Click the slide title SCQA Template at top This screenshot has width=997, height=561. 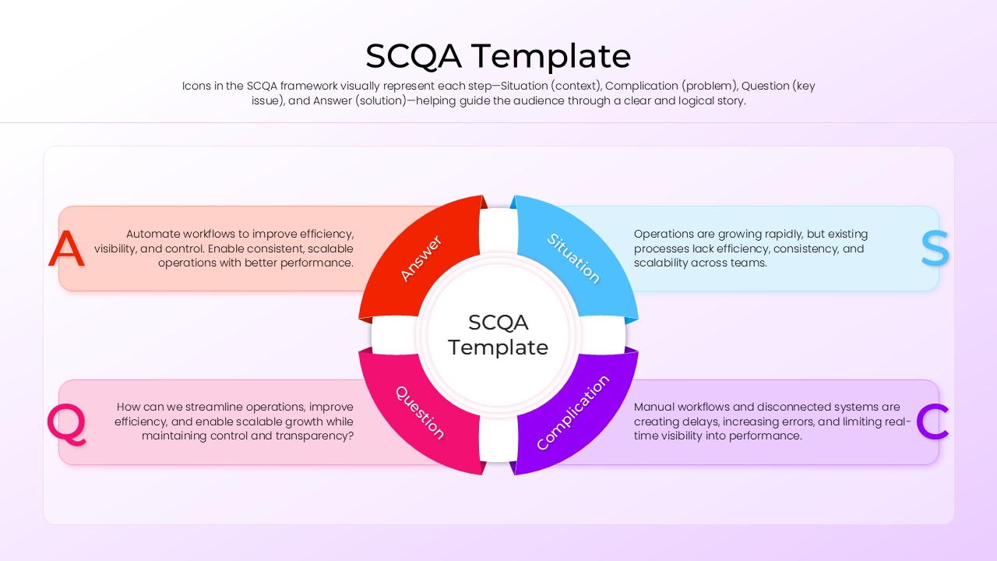(498, 56)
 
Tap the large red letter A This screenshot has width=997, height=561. (66, 249)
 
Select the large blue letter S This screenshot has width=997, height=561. (935, 249)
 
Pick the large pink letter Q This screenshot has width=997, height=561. (66, 425)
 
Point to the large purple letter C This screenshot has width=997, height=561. (932, 422)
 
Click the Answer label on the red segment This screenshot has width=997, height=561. (421, 258)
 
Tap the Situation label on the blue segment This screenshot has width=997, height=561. (574, 259)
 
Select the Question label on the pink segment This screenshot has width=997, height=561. (420, 413)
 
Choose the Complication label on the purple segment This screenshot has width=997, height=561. (572, 413)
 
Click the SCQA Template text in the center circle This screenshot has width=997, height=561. (498, 335)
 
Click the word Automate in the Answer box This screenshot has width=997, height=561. (153, 234)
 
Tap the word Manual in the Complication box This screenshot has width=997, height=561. (654, 407)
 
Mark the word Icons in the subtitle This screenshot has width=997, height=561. (196, 86)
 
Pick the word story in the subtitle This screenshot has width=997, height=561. (729, 101)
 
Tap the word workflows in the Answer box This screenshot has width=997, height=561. (211, 234)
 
